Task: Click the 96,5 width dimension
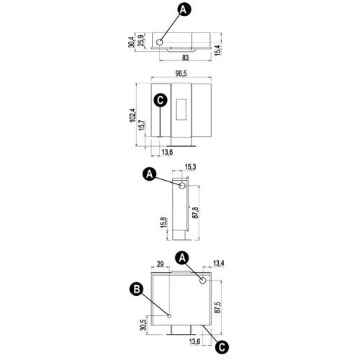181,73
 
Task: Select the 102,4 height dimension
132,115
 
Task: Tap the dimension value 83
185,58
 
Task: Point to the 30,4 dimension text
132,42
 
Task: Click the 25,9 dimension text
141,41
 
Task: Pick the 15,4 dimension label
217,50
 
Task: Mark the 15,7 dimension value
142,125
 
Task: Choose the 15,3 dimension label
190,167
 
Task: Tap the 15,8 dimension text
163,222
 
